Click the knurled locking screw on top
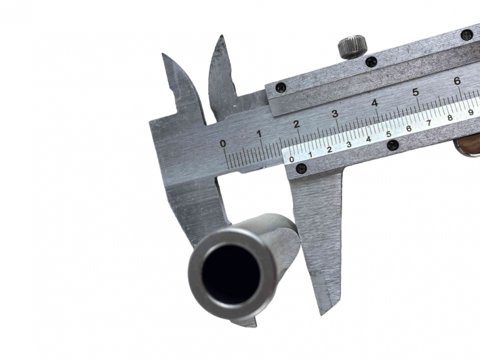point(353,47)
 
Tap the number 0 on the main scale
point(223,143)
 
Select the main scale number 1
point(259,134)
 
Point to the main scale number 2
point(296,124)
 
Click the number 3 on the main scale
point(335,114)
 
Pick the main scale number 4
point(375,103)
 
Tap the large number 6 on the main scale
point(457,81)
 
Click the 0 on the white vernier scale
point(291,159)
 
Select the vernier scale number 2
point(329,149)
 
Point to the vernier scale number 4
point(368,139)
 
